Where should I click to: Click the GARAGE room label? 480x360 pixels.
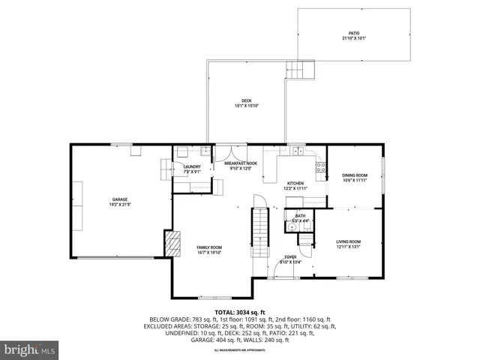pos(120,199)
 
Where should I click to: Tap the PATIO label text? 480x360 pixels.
pos(354,34)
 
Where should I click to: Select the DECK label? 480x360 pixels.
pos(246,101)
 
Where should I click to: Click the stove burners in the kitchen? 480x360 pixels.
pos(321,166)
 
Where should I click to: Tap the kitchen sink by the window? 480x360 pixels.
pos(298,151)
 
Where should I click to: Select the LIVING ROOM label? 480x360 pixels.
pos(348,241)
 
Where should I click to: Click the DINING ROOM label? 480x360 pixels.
pos(355,175)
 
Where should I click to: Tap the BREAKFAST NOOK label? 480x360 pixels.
pos(241,163)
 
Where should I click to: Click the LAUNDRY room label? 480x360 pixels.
pos(192,166)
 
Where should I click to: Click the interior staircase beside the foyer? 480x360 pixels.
pos(259,229)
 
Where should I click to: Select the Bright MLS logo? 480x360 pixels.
pos(30,349)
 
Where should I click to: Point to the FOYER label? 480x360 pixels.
pos(289,256)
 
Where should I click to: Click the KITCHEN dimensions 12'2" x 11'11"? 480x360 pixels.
pos(295,188)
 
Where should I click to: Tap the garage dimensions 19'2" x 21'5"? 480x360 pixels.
pos(120,205)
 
